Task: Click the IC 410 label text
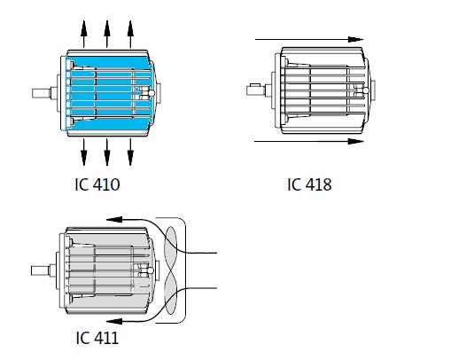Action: tap(97, 185)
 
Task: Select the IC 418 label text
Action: tap(309, 184)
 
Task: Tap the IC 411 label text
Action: tap(97, 338)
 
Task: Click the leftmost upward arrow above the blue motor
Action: tap(85, 33)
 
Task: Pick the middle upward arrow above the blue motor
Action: tap(107, 33)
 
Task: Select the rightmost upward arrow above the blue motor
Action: tap(129, 33)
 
